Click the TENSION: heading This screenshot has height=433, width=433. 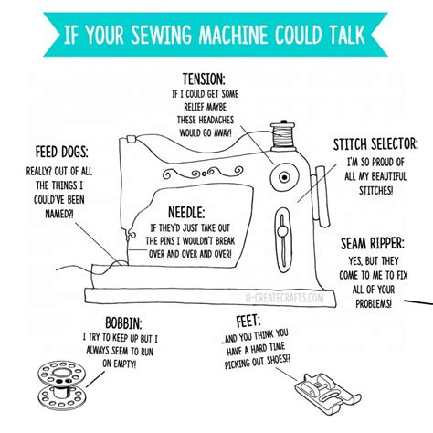204,79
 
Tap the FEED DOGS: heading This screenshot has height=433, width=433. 61,152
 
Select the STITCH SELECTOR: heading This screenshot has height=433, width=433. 375,144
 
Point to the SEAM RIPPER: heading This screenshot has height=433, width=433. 372,244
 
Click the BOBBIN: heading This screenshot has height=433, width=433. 123,322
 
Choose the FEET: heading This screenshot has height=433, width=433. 248,322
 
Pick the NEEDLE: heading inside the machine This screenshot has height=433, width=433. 186,212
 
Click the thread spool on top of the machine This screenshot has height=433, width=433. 283,136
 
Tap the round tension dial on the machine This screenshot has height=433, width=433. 284,177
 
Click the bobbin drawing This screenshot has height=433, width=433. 62,385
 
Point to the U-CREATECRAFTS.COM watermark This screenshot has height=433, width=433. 284,298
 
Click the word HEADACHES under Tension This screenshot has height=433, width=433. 216,120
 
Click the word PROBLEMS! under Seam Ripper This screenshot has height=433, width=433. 374,303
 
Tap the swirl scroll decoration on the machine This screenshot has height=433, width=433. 203,174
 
